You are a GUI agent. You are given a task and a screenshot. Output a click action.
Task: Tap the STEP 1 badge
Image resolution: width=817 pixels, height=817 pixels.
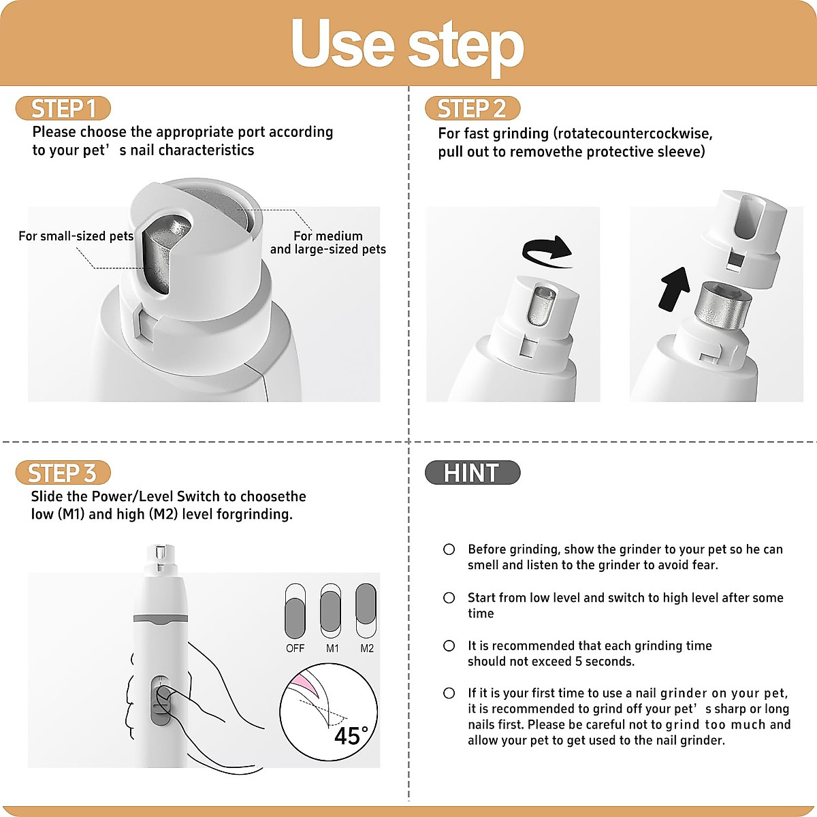[x=63, y=109]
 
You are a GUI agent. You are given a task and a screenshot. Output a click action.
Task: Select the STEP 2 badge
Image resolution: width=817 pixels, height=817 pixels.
[x=472, y=109]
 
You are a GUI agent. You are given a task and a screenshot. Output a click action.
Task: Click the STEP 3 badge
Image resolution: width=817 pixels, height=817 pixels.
[x=63, y=473]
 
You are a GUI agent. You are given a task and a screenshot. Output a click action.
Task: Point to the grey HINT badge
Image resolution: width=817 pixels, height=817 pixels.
[x=472, y=472]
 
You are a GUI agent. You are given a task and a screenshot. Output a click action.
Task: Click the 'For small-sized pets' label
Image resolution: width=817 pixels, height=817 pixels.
[x=76, y=236]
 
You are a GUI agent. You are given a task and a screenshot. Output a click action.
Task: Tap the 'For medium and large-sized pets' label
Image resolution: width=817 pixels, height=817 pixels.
[x=327, y=242]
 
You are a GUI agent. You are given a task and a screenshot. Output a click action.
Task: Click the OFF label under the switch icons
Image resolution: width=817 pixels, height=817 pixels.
[x=295, y=648]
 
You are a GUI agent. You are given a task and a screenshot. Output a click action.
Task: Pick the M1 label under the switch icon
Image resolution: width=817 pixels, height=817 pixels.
[x=332, y=648]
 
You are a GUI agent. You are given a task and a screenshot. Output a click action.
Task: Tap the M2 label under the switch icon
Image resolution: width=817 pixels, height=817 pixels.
[x=367, y=648]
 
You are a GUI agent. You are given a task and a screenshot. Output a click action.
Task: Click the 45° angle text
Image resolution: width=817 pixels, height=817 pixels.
[x=351, y=736]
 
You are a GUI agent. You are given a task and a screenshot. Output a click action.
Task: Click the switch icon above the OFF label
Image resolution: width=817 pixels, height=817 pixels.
[x=295, y=611]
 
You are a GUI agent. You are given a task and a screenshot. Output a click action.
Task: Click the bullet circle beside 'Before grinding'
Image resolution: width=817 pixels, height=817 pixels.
[x=449, y=549]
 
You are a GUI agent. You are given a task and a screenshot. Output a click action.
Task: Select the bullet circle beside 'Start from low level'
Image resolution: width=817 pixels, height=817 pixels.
[x=449, y=598]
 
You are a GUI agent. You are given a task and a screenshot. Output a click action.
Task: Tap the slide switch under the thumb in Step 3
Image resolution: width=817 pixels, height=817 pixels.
[x=160, y=701]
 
